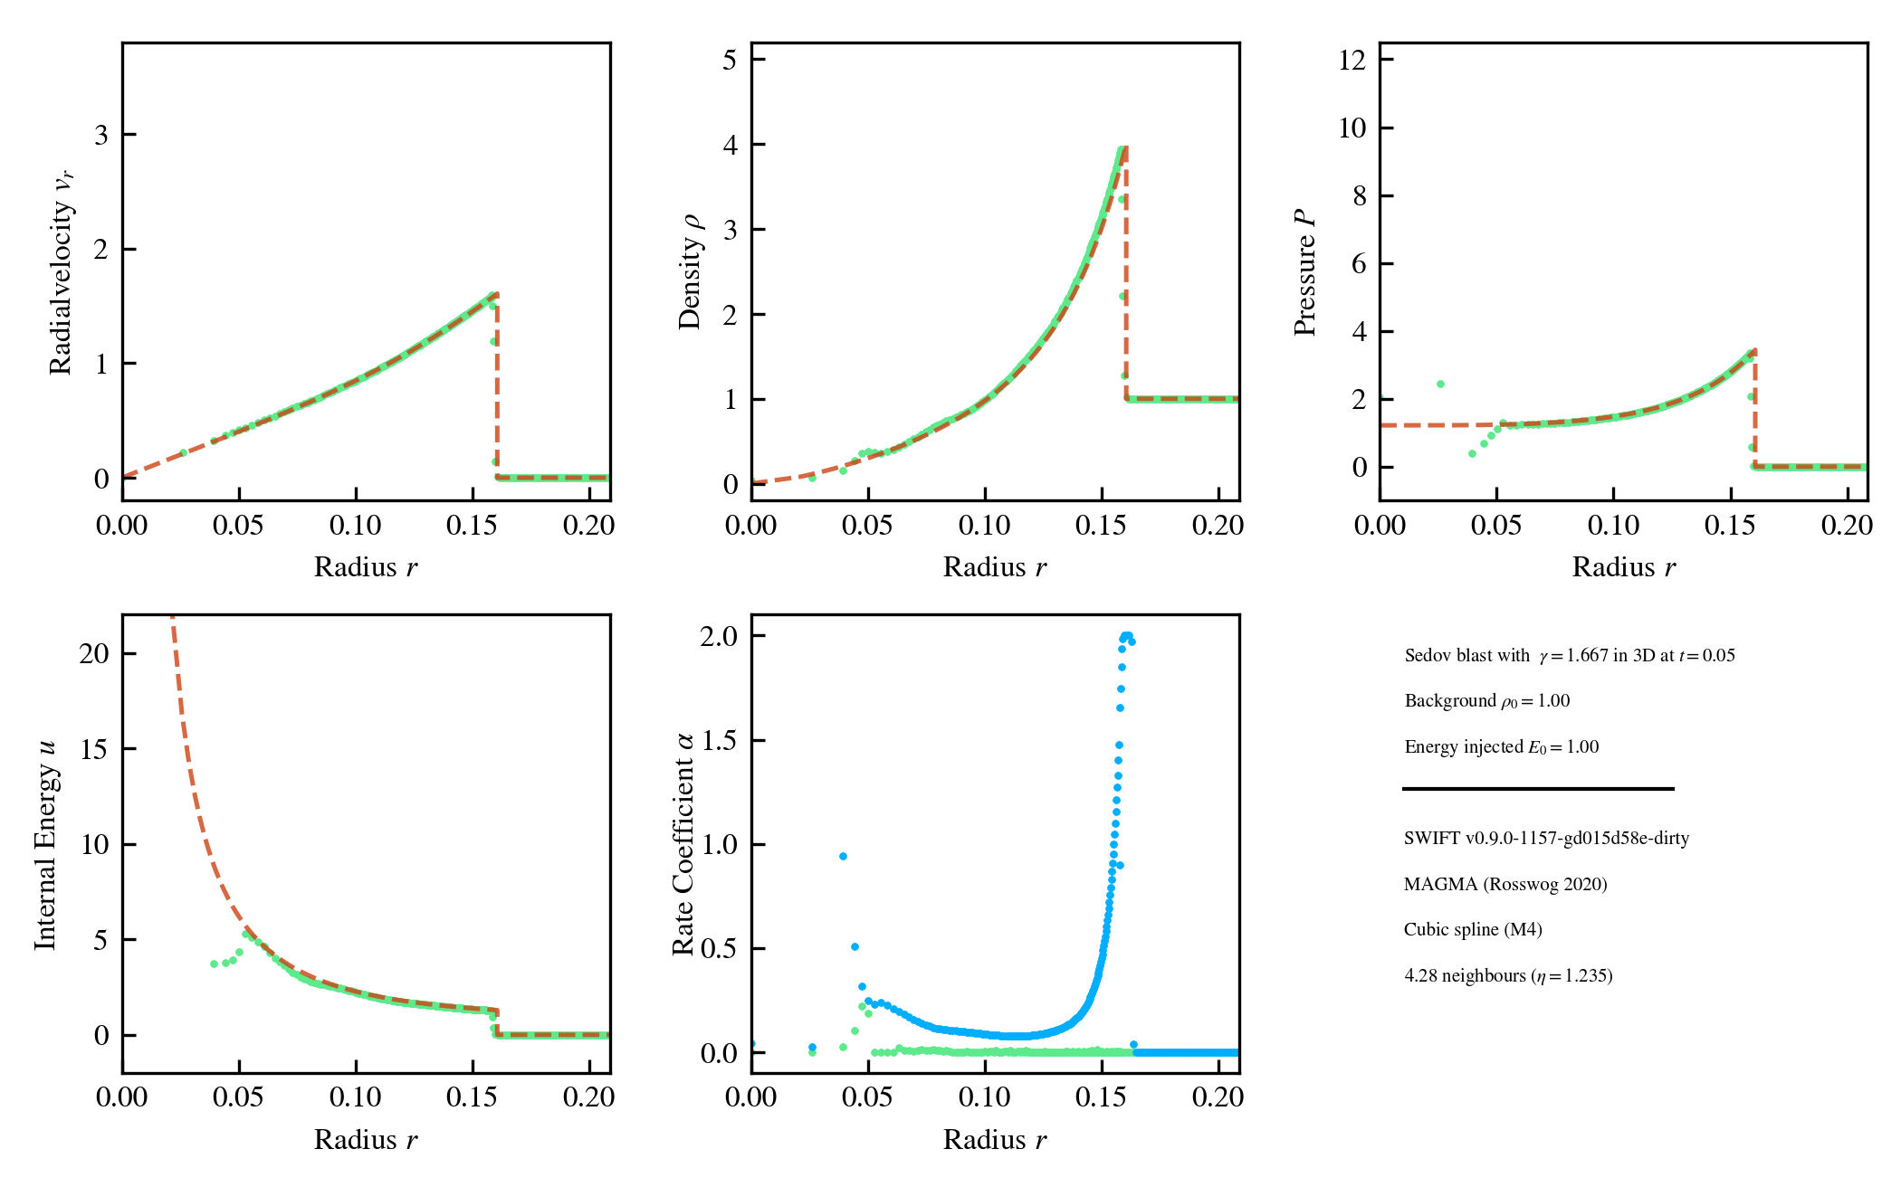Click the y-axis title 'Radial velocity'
click(x=61, y=271)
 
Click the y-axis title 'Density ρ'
click(x=690, y=271)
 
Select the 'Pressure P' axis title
click(x=1304, y=271)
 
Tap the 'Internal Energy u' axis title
click(x=45, y=844)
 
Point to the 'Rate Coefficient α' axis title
click(x=683, y=844)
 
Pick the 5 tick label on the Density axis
click(x=730, y=60)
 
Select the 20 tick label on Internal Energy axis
click(x=94, y=653)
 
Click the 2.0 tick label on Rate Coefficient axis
click(x=719, y=636)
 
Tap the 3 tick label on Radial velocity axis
click(x=101, y=135)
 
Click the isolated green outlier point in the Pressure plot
click(x=1440, y=385)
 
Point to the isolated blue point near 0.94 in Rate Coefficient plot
click(x=843, y=856)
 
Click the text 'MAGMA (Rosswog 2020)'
click(x=1505, y=884)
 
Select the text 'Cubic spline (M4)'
click(x=1473, y=929)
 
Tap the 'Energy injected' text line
click(x=1502, y=746)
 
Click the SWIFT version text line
click(x=1546, y=838)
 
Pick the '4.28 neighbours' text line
click(x=1508, y=975)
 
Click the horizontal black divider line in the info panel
click(x=1538, y=789)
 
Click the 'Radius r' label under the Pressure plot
click(x=1624, y=567)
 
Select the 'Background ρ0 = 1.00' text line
click(x=1487, y=701)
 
